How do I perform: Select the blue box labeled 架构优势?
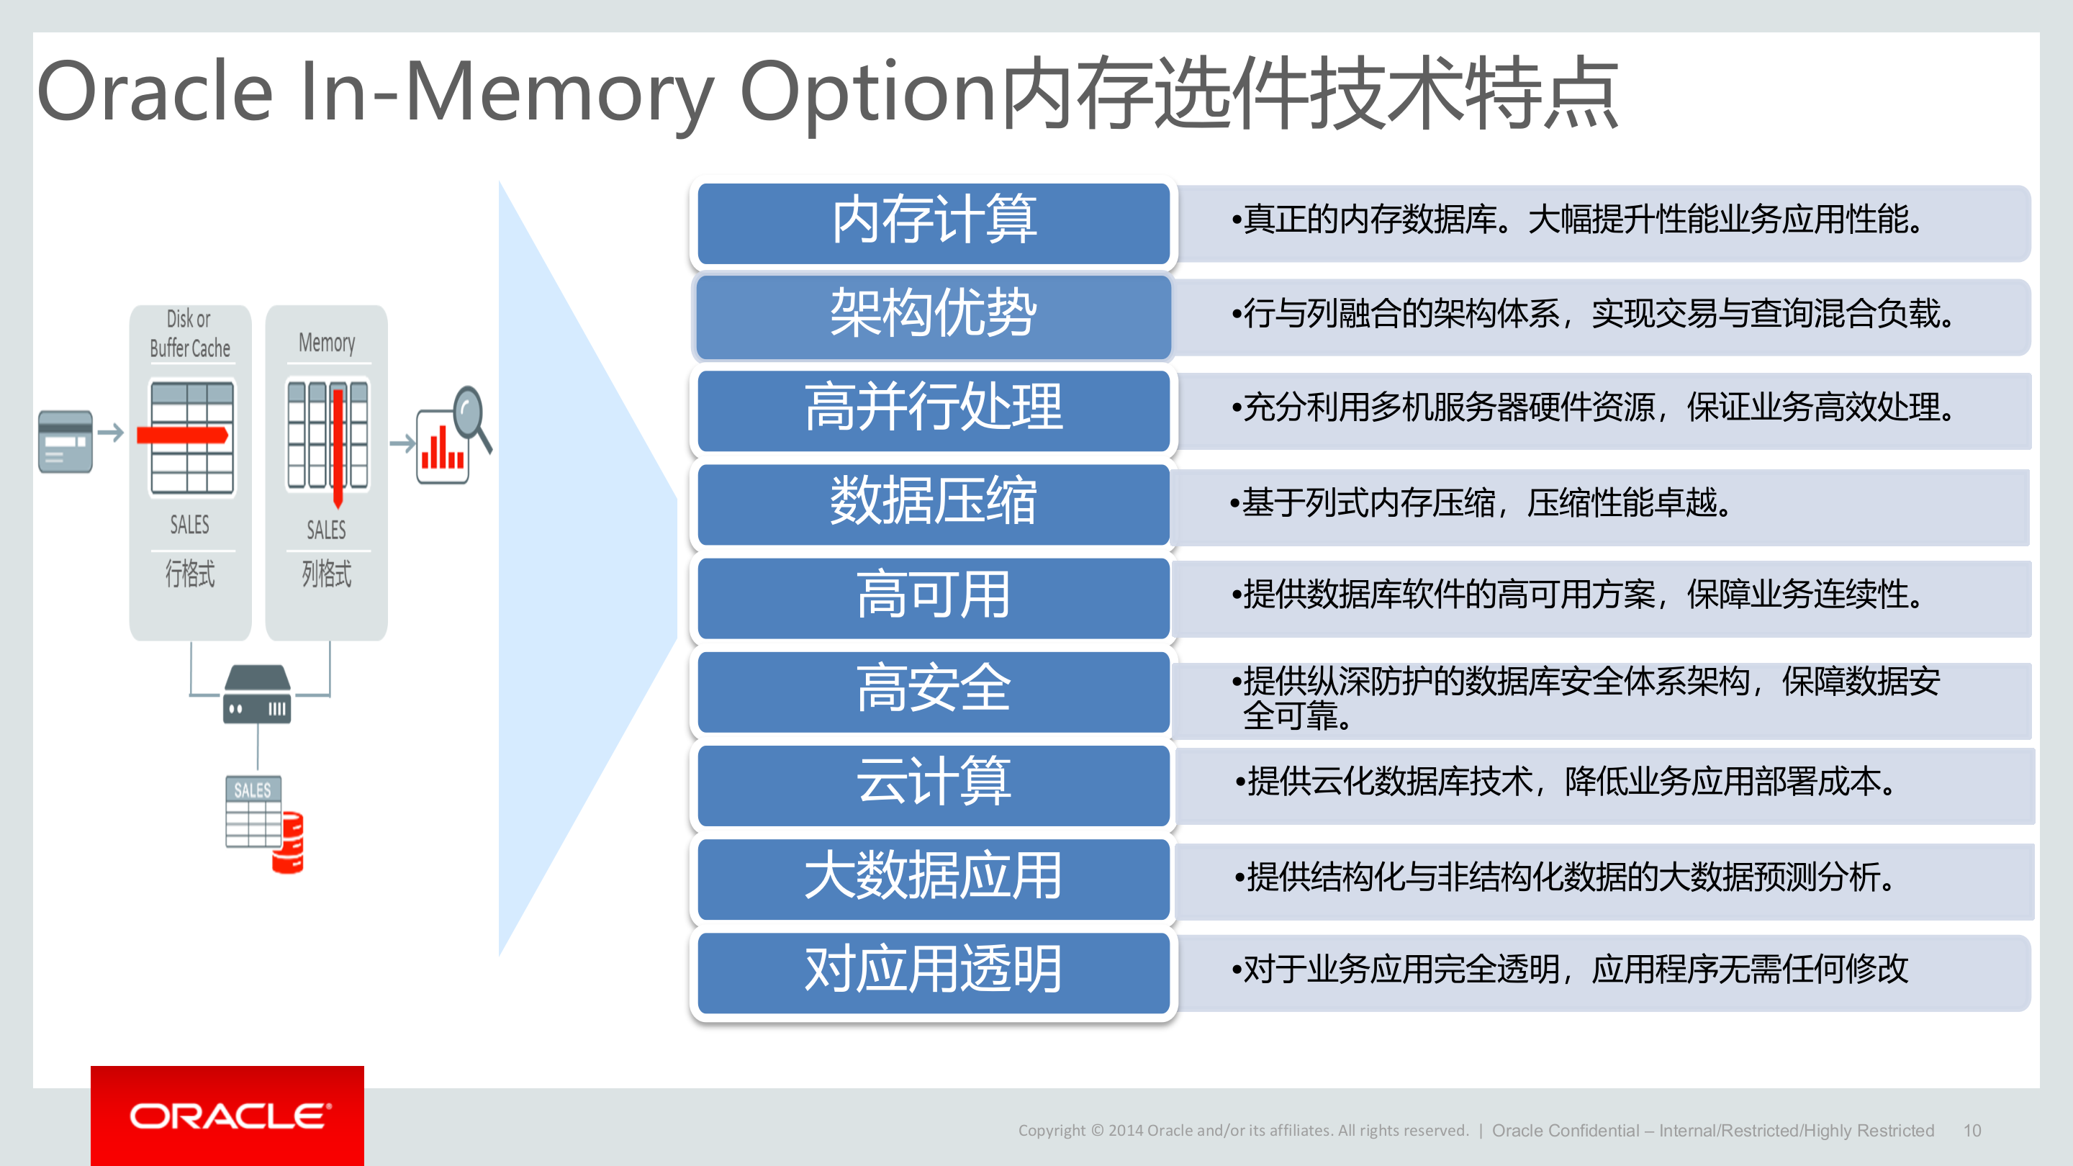[x=933, y=316]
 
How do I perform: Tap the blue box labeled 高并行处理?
[x=933, y=410]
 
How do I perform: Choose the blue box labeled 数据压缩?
[x=933, y=504]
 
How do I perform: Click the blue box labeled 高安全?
[x=933, y=690]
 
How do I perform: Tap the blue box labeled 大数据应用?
[x=933, y=878]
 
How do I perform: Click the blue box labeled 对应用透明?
[x=933, y=971]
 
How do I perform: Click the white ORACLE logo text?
[x=230, y=1117]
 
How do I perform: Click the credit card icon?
[x=66, y=441]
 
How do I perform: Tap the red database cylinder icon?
[x=288, y=843]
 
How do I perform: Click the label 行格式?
[x=190, y=574]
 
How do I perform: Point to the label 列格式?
[x=327, y=574]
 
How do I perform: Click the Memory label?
[x=327, y=343]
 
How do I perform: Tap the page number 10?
[x=1972, y=1131]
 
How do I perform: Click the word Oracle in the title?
[x=155, y=93]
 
